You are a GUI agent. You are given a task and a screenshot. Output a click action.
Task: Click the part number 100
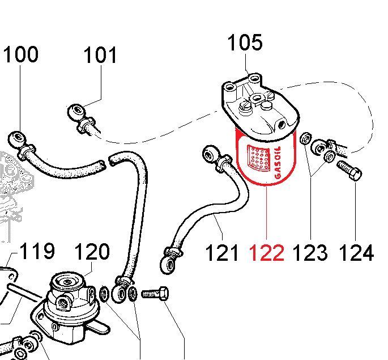21,55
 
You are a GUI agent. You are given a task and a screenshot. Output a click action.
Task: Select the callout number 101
100,56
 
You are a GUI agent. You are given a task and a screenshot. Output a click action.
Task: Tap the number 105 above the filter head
245,43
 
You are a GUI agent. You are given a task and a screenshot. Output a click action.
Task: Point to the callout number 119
37,251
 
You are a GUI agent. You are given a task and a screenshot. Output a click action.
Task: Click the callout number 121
221,252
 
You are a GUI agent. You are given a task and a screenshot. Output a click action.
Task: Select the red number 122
267,252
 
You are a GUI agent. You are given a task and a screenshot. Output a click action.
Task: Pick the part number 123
310,252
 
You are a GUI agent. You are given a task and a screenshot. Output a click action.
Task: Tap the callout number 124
356,252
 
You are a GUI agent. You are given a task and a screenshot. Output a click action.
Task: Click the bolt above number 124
348,170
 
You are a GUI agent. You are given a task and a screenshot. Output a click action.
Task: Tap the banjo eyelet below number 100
16,138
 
